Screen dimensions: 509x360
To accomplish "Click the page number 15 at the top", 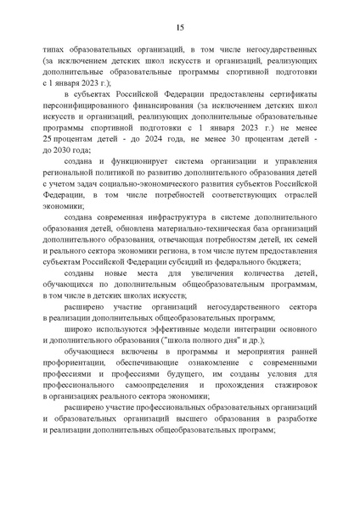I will (x=181, y=27).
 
